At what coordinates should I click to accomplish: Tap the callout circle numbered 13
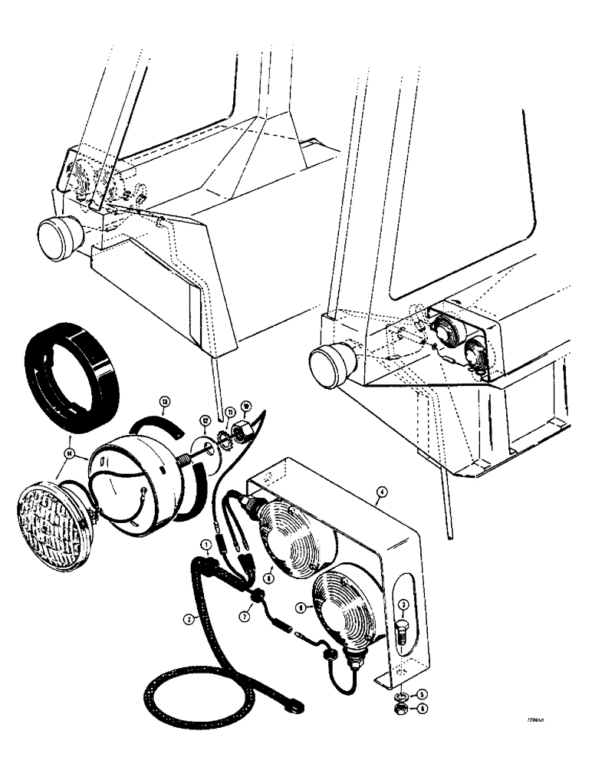pyautogui.click(x=164, y=401)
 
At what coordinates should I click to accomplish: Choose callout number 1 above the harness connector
pyautogui.click(x=207, y=545)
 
